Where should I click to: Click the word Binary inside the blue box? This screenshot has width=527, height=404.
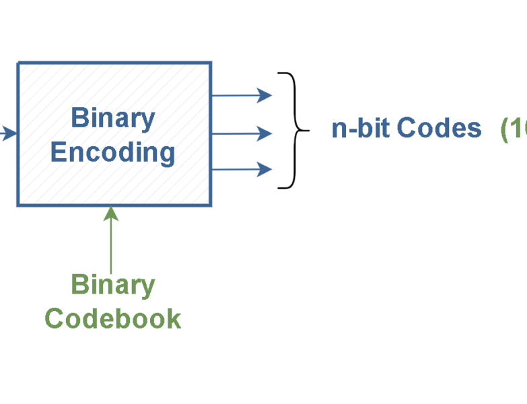pos(113,119)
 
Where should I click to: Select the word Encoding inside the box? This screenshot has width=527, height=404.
pos(113,153)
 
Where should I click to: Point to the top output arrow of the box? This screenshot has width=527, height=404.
pos(242,96)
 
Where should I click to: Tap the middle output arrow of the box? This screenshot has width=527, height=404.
pos(242,134)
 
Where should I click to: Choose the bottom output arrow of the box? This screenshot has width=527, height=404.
pos(242,169)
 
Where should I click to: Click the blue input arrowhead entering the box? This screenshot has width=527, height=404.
pos(9,133)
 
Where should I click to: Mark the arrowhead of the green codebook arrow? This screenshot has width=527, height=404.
pos(112,214)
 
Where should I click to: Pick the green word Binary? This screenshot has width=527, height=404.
pos(113,285)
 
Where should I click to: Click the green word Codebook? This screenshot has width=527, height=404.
pos(113,318)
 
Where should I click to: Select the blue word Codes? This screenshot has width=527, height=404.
pos(439,128)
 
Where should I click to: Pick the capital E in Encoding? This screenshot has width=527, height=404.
pos(59,152)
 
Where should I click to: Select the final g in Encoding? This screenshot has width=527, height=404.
pos(168,155)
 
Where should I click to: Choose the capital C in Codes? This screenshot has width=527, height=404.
pos(405,128)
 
